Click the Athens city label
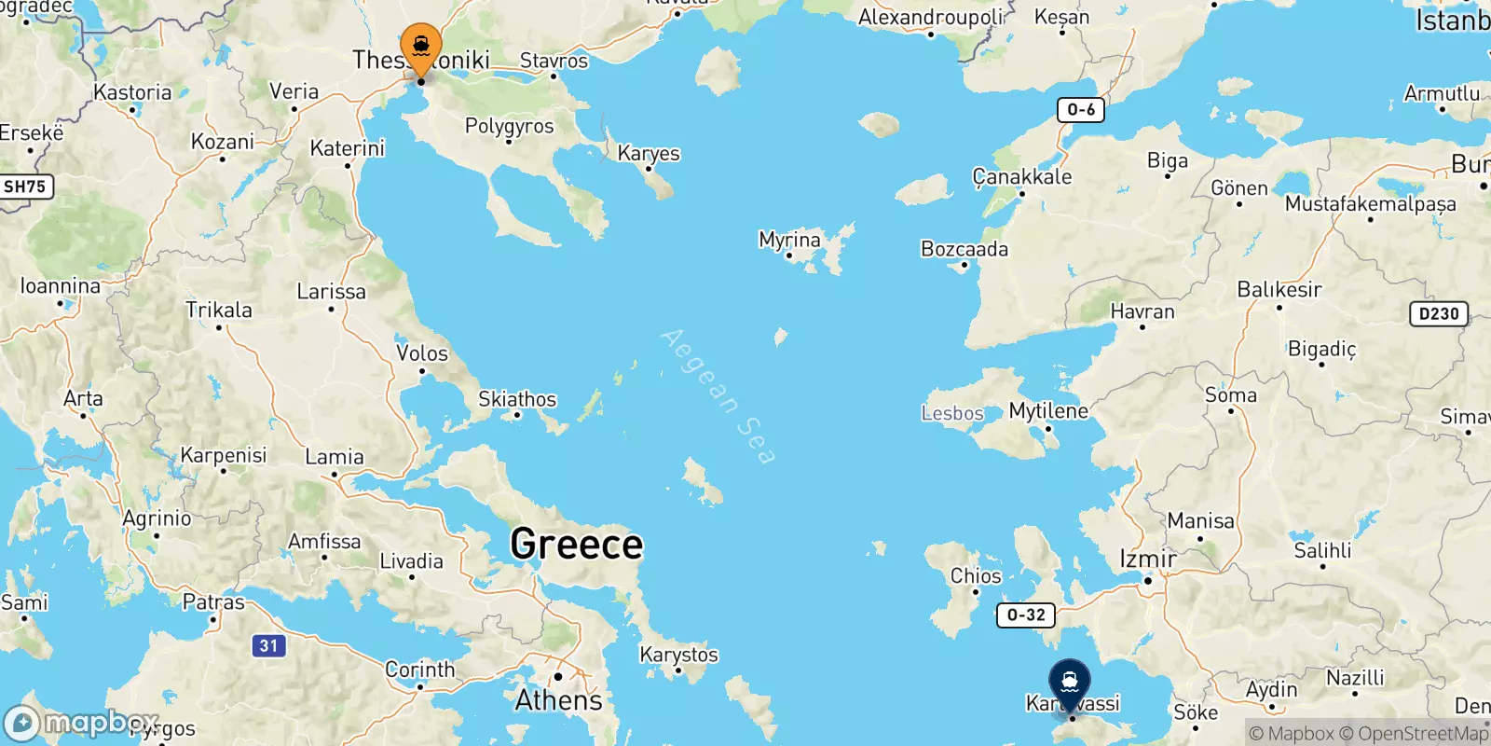click(559, 699)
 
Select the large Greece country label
click(577, 545)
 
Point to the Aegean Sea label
click(718, 395)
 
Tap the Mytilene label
click(1048, 410)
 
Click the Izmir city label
click(1147, 559)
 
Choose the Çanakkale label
click(1022, 176)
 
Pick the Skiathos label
click(517, 399)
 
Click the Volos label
click(422, 353)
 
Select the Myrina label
click(789, 240)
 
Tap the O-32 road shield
click(1026, 615)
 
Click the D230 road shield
click(1439, 313)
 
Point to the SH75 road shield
click(24, 186)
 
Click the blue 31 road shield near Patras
click(268, 645)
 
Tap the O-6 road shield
click(1081, 110)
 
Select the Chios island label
click(976, 575)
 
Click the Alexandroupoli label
click(931, 17)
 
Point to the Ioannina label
click(61, 286)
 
